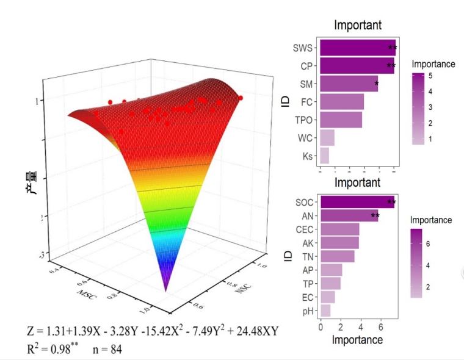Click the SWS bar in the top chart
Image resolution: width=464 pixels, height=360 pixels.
coord(357,48)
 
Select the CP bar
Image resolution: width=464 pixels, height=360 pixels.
coord(357,65)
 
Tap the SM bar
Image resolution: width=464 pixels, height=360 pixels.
coord(349,84)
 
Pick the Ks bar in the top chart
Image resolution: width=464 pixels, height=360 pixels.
coord(324,156)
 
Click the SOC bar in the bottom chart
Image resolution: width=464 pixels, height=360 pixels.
coord(357,203)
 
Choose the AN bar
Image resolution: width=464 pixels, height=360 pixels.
coord(349,216)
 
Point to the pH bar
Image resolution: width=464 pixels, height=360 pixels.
coord(325,311)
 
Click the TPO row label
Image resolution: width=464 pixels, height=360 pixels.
coord(303,120)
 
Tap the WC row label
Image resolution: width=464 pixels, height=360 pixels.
coord(305,138)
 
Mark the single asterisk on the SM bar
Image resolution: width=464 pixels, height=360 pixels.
coord(377,84)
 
